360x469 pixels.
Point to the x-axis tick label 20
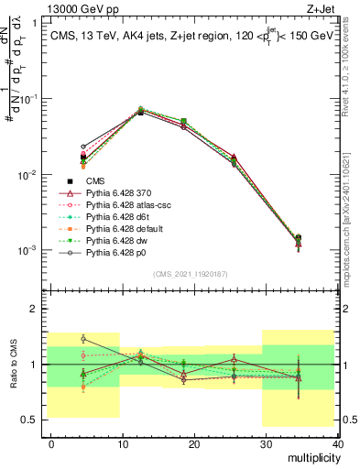pos(195,443)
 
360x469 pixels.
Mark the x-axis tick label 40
pos(337,443)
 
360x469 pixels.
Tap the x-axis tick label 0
pos(51,443)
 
